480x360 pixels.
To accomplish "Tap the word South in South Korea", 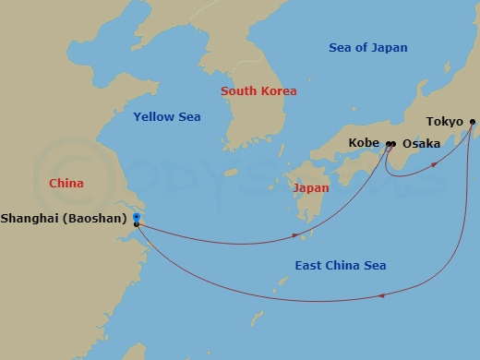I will (239, 91).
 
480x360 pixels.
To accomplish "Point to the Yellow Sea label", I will (166, 117).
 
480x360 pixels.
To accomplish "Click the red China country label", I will (66, 184).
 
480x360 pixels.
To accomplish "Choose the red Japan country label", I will (310, 187).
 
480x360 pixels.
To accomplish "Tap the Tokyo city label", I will (444, 122).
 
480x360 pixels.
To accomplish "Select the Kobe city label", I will (365, 144).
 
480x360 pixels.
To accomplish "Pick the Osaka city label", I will (420, 144).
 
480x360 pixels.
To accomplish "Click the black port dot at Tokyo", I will (473, 122).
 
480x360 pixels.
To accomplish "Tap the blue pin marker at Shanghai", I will (136, 217).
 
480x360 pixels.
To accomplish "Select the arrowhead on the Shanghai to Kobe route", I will (294, 236).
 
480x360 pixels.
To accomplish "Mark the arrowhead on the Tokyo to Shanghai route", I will (380, 297).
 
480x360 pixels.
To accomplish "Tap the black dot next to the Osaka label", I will (393, 144).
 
